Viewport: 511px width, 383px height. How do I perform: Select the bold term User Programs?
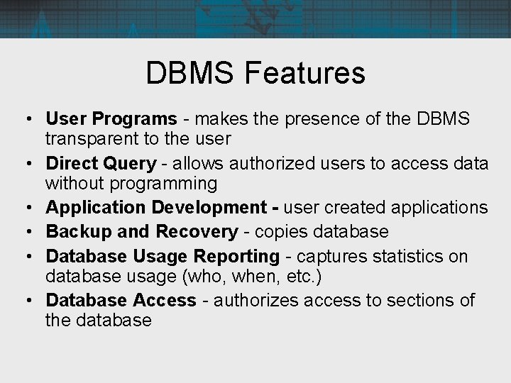111,118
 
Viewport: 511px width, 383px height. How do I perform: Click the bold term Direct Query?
101,164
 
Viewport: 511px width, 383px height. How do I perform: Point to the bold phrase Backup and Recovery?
142,231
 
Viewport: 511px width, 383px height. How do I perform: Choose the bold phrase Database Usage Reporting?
163,255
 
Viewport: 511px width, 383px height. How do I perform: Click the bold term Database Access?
121,300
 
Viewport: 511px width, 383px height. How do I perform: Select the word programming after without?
172,184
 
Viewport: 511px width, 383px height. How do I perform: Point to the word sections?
421,300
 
